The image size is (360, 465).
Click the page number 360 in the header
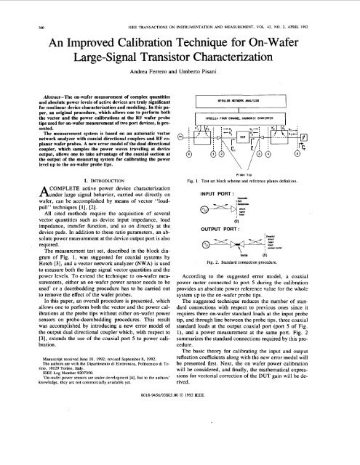14,8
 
